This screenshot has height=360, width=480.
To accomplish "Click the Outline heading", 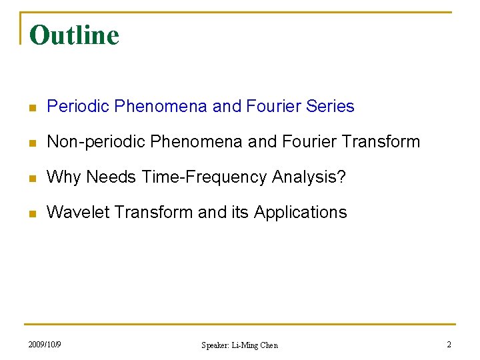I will click(x=74, y=35).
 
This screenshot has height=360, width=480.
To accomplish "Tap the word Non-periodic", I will click(x=96, y=141).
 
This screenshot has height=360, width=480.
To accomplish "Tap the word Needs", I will click(x=111, y=177).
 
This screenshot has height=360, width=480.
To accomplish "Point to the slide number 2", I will click(x=449, y=345).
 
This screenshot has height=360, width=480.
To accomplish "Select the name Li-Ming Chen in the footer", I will click(x=254, y=345).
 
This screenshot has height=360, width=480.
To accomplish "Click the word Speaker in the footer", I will click(x=215, y=345).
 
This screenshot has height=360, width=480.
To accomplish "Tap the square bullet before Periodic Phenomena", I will click(x=32, y=107).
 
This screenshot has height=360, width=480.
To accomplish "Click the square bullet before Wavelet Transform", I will click(x=32, y=213).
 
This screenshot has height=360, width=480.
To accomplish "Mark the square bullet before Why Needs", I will click(x=32, y=178).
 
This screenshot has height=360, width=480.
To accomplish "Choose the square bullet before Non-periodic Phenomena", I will click(x=32, y=143).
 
